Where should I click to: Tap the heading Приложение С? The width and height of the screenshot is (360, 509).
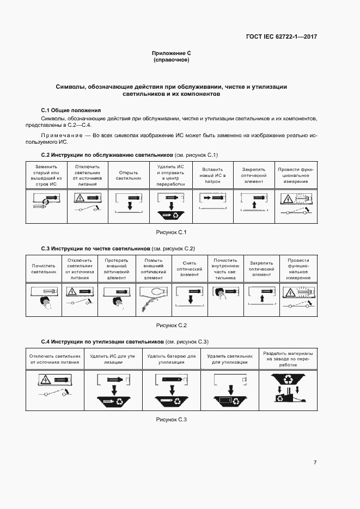[x=172, y=53]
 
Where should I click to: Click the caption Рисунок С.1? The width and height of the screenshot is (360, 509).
[x=172, y=232]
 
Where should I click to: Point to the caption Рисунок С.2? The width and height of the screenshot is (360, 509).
[x=172, y=326]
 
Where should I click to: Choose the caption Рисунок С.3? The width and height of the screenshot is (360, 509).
[x=172, y=419]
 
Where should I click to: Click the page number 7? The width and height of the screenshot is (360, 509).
[x=315, y=462]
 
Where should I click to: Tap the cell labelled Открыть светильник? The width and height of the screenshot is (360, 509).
[x=129, y=175]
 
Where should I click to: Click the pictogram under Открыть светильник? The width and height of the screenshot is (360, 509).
[x=129, y=206]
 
